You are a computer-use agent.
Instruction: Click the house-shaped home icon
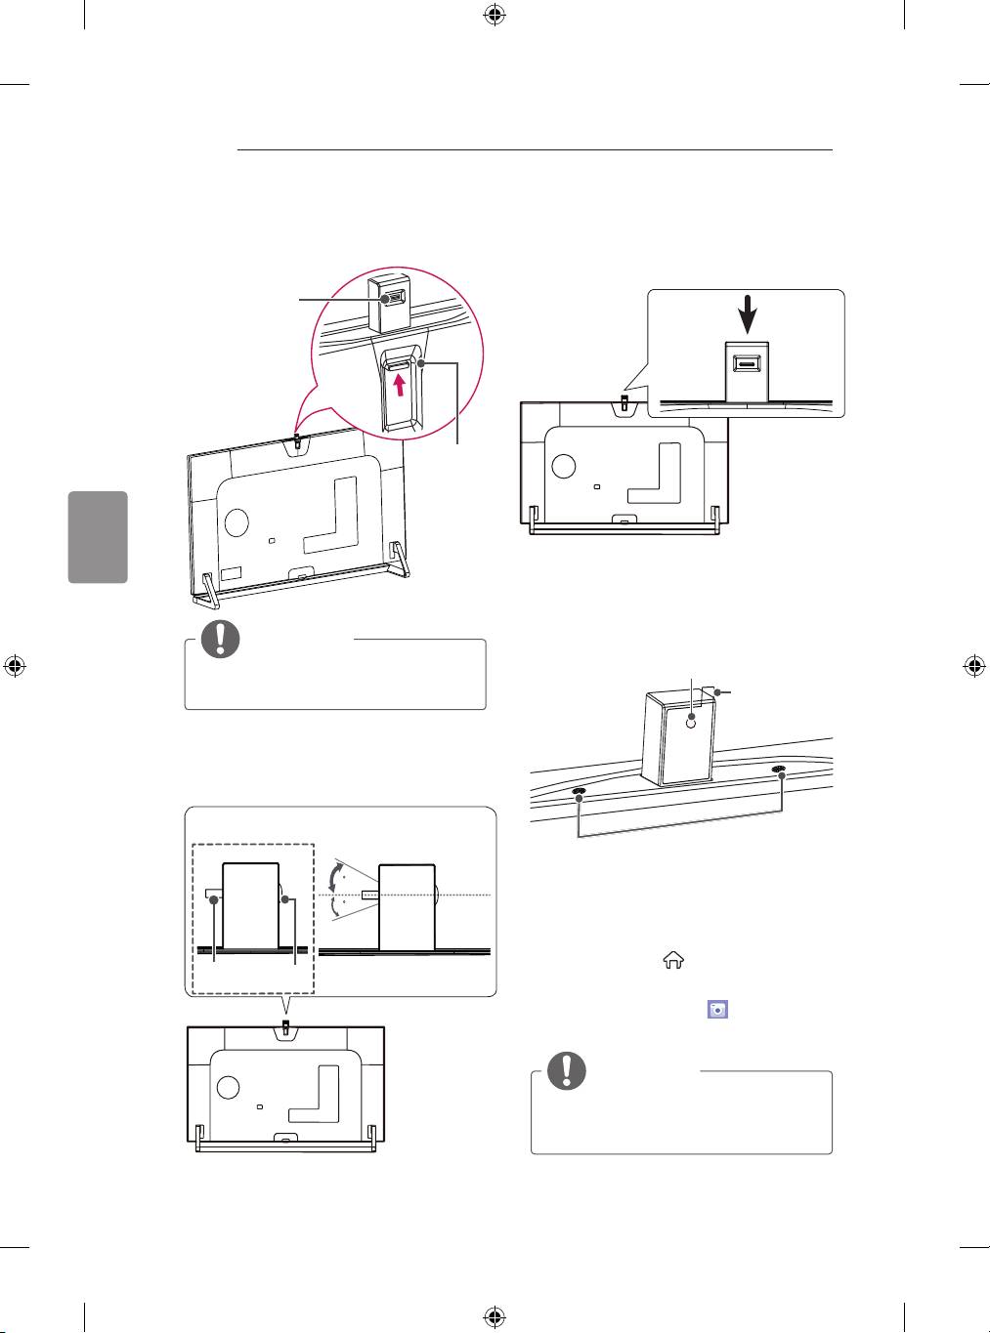pos(673,962)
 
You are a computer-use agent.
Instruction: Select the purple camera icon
pos(717,1010)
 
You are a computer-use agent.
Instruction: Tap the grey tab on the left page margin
pos(98,537)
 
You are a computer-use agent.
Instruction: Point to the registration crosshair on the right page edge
pos(972,666)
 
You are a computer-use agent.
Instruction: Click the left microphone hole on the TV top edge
pos(579,792)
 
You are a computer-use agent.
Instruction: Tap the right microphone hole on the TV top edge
pos(779,770)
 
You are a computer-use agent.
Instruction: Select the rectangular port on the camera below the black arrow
pos(747,365)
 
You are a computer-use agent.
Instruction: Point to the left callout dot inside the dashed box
pos(215,900)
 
